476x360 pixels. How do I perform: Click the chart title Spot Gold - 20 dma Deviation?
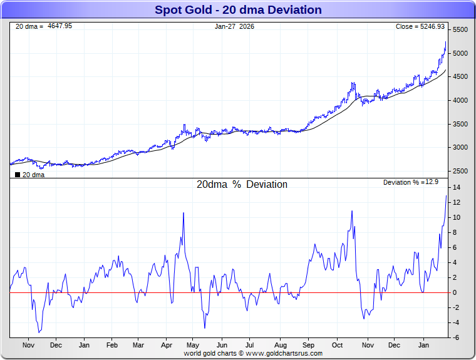pos(237,10)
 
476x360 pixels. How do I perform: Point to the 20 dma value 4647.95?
pos(59,26)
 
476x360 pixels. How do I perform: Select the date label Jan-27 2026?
pos(234,26)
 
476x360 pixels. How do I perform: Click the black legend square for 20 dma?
pos(17,175)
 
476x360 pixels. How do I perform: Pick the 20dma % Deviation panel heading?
pos(242,185)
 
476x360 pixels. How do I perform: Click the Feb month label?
pos(112,345)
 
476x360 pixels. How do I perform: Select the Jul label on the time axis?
pos(250,345)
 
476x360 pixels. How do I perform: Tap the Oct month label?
pos(338,345)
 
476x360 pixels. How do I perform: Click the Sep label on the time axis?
pos(308,345)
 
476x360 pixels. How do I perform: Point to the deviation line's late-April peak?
pos(184,213)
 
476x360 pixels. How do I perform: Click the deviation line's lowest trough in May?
pos(204,327)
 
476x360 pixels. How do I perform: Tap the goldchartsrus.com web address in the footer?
pos(284,354)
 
